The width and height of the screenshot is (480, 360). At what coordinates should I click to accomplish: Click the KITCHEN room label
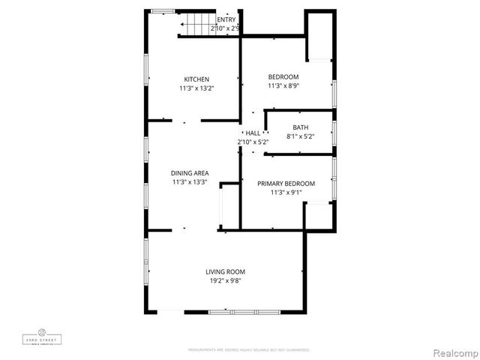coord(196,79)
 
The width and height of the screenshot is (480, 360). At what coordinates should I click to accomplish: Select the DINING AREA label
coord(190,173)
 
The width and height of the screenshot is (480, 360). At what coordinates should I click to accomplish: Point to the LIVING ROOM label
coord(225,271)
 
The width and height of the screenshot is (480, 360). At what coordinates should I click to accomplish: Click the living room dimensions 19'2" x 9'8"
coord(225,280)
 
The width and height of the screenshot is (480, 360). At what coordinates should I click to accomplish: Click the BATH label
coord(300,127)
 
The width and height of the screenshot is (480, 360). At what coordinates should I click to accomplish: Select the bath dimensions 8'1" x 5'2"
coord(300,136)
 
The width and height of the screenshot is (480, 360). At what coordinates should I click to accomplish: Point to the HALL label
coord(253,133)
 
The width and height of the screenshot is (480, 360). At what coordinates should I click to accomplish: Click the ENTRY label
coord(226,19)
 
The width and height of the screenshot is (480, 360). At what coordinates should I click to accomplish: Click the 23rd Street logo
coord(42,337)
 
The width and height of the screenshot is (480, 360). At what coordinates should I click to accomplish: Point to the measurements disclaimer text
coord(248,349)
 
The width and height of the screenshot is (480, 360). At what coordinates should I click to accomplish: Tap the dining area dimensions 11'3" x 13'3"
coord(190,181)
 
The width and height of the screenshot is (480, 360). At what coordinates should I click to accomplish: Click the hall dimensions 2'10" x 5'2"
coord(253,141)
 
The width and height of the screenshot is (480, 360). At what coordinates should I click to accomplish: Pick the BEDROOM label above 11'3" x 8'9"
coord(283,76)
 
